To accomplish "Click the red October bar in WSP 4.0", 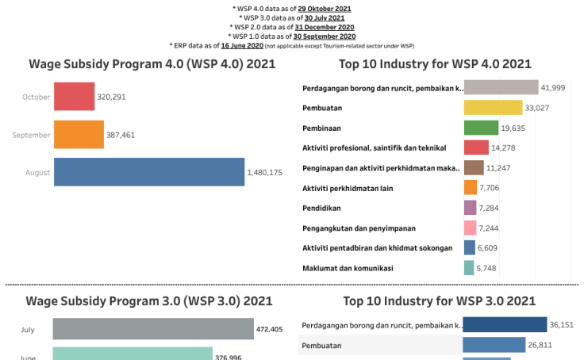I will click(x=74, y=97).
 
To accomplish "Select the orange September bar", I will click(x=79, y=135).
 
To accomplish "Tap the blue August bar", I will click(x=148, y=172).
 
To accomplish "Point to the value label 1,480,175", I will click(x=271, y=173).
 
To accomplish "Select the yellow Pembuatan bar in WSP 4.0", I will click(x=493, y=107).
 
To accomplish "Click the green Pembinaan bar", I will click(x=481, y=127).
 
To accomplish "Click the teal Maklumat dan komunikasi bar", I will click(x=469, y=268).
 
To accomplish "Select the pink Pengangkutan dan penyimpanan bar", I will click(x=470, y=228).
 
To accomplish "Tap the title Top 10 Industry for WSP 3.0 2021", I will click(x=439, y=301).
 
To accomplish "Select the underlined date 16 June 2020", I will click(x=242, y=45).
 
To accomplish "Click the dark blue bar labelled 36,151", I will click(x=505, y=324).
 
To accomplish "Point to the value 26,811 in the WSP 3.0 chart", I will click(x=542, y=345).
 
